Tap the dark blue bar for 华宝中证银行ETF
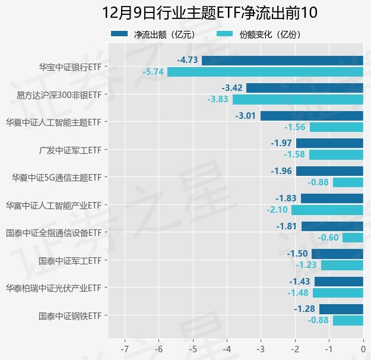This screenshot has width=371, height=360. click(x=282, y=60)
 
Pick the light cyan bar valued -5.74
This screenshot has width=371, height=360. click(x=265, y=72)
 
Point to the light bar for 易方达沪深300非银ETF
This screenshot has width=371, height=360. click(x=297, y=99)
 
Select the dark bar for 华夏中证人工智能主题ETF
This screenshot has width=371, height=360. click(x=312, y=116)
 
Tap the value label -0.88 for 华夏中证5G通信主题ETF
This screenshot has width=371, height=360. click(x=318, y=182)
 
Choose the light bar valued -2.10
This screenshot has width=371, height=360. click(x=327, y=210)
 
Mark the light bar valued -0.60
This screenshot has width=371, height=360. click(x=353, y=238)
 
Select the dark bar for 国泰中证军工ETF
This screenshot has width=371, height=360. click(x=337, y=254)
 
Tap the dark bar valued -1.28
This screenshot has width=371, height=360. click(x=341, y=309)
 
